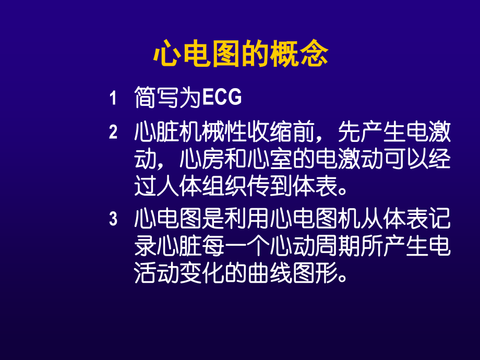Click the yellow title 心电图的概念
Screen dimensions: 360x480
click(240, 54)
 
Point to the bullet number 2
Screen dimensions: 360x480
click(113, 133)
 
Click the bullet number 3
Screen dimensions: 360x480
click(113, 219)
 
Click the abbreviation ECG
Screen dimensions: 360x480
click(221, 98)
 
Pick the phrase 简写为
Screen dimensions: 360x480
click(167, 98)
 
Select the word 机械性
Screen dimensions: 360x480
click(224, 133)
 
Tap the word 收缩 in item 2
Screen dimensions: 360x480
click(281, 133)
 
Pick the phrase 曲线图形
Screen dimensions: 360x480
click(292, 273)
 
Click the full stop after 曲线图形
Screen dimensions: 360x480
click(342, 277)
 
